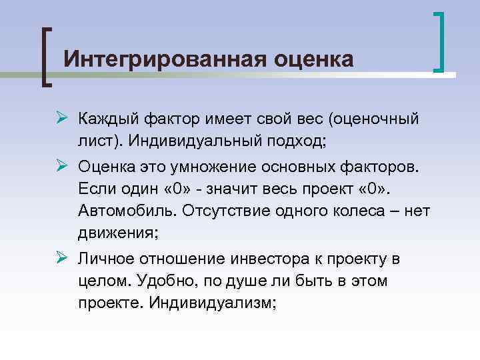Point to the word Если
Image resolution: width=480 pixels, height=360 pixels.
96,188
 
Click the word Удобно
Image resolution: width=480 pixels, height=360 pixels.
163,281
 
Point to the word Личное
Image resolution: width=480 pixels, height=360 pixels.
106,258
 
